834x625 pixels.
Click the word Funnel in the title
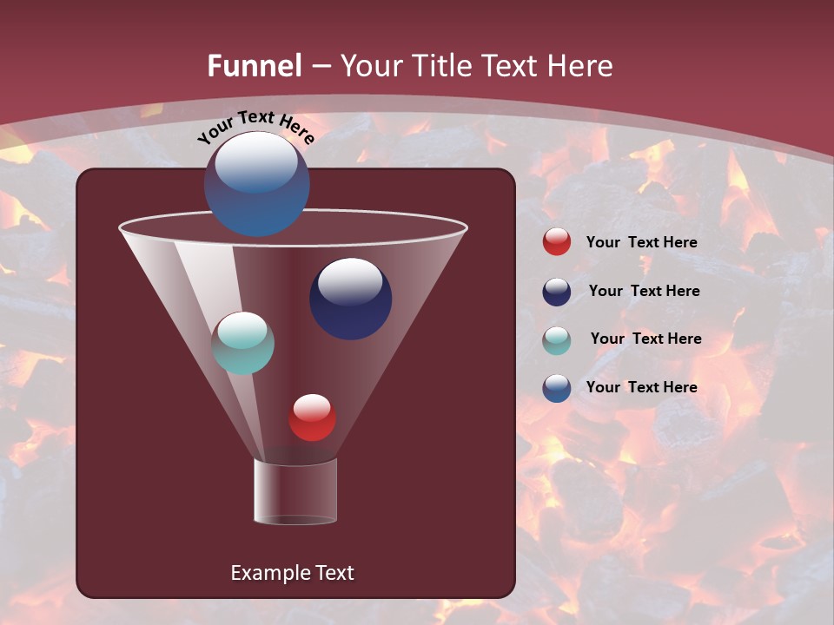[x=254, y=66]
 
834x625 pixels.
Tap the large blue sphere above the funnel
[x=256, y=184]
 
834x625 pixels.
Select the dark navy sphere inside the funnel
[x=350, y=299]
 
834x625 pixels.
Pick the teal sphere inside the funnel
[x=242, y=343]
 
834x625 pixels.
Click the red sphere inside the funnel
[x=312, y=418]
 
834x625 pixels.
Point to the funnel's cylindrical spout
[x=295, y=492]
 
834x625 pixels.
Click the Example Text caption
[x=292, y=573]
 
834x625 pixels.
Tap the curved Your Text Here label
[x=255, y=127]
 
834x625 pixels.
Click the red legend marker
[x=557, y=242]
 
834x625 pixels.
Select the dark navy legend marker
[x=557, y=292]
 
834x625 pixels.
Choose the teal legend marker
[x=557, y=339]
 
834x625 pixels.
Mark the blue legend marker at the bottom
[x=557, y=388]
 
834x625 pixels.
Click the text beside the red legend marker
[x=641, y=243]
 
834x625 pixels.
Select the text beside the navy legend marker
[x=644, y=292]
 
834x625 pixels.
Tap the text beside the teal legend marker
[x=645, y=339]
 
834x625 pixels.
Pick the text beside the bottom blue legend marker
[x=641, y=387]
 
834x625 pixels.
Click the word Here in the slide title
[x=582, y=66]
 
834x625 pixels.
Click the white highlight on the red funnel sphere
[x=312, y=406]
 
